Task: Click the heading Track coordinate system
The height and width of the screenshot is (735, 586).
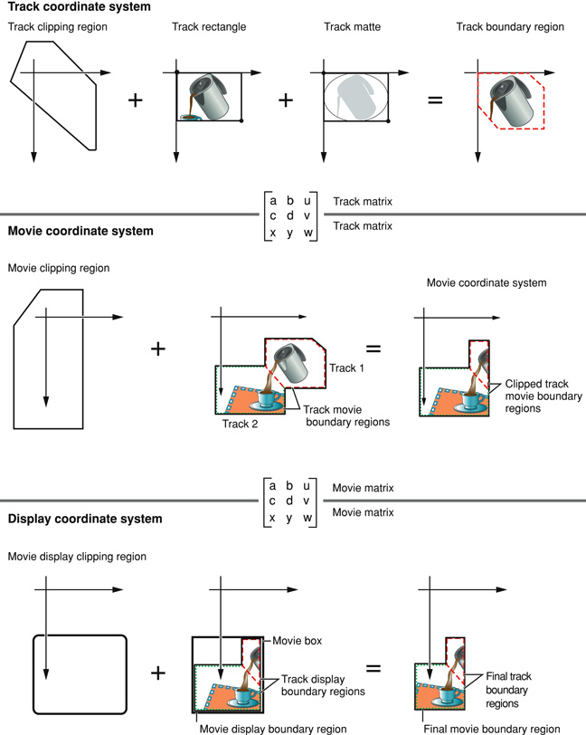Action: pos(68,7)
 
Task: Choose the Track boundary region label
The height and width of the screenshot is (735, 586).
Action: pos(510,27)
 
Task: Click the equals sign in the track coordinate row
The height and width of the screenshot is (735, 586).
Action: pos(435,100)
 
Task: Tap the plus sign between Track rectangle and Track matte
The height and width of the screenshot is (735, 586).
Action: pos(286,100)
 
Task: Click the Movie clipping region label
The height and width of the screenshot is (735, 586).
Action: pos(60,268)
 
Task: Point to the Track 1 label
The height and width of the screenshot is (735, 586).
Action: pos(345,367)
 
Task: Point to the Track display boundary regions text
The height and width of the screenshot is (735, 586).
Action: pos(323,685)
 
